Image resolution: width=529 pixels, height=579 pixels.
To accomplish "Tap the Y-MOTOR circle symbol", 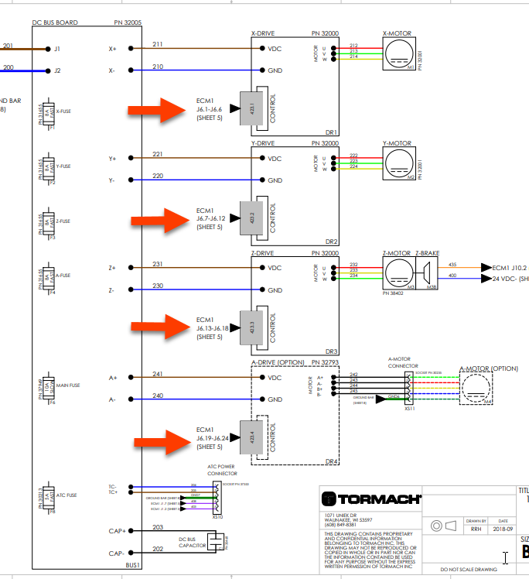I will coord(398,164).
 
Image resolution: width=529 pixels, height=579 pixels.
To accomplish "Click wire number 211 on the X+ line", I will coord(158,43).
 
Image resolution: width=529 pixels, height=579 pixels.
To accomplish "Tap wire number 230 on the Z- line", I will coord(158,286).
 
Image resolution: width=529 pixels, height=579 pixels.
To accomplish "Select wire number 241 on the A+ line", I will coord(158,373).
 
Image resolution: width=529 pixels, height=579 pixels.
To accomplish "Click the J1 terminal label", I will coord(57,49).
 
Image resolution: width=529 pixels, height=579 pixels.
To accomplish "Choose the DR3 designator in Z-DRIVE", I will coord(331,352).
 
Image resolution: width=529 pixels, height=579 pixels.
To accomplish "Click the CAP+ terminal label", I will coord(118,532).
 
